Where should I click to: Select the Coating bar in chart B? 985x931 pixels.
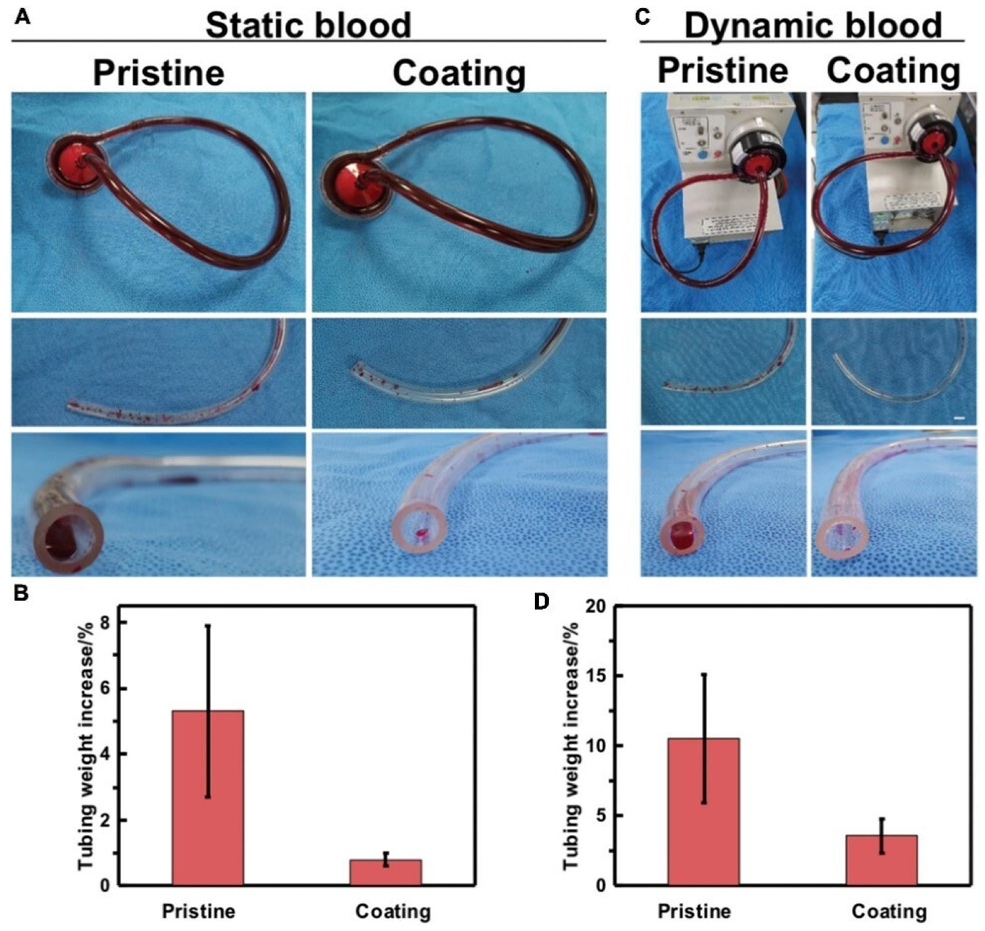pos(386,872)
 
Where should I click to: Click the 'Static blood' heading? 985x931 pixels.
pos(308,25)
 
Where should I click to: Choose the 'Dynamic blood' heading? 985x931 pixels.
pos(813,25)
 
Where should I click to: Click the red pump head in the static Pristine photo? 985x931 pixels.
pos(76,159)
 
